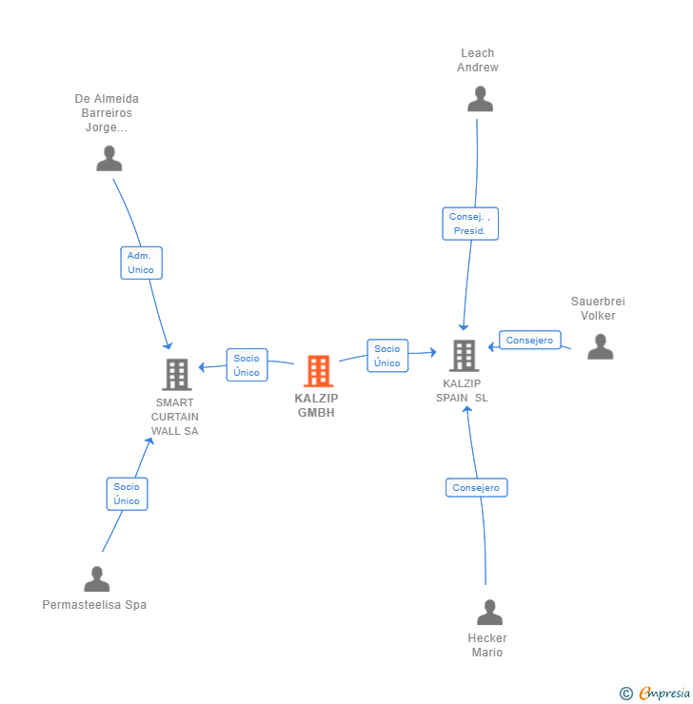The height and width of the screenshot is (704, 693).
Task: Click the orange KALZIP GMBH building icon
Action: pyautogui.click(x=319, y=371)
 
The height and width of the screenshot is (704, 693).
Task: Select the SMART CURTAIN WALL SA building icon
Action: pyautogui.click(x=177, y=375)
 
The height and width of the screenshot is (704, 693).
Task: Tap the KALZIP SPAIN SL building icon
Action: pyautogui.click(x=464, y=356)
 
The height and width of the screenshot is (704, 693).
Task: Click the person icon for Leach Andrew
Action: pyautogui.click(x=480, y=99)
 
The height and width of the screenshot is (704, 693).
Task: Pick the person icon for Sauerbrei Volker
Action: pyautogui.click(x=600, y=346)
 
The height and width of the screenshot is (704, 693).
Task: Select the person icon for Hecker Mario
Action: pyautogui.click(x=489, y=612)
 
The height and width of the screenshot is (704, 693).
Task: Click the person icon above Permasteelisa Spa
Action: pyautogui.click(x=96, y=578)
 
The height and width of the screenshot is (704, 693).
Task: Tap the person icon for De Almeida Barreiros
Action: pyautogui.click(x=109, y=158)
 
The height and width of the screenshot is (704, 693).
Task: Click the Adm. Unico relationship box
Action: pyautogui.click(x=142, y=263)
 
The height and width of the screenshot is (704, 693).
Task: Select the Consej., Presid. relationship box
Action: pyautogui.click(x=470, y=224)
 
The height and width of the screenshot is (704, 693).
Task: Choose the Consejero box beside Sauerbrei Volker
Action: pyautogui.click(x=530, y=340)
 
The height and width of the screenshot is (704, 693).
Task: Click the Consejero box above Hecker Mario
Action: pyautogui.click(x=477, y=488)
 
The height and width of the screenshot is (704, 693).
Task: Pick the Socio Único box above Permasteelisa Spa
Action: pyautogui.click(x=128, y=494)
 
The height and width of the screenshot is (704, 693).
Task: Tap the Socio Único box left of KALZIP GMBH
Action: pyautogui.click(x=247, y=365)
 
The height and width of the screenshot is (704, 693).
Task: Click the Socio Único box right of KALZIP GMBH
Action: pyautogui.click(x=387, y=356)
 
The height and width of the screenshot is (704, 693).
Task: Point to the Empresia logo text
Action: pyautogui.click(x=664, y=693)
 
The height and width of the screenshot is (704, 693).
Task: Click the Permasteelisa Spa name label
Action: pyautogui.click(x=94, y=605)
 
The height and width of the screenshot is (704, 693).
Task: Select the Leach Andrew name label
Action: pyautogui.click(x=478, y=60)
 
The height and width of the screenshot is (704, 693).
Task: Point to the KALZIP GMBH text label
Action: pyautogui.click(x=316, y=405)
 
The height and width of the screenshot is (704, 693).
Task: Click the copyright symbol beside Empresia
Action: pyautogui.click(x=626, y=694)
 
